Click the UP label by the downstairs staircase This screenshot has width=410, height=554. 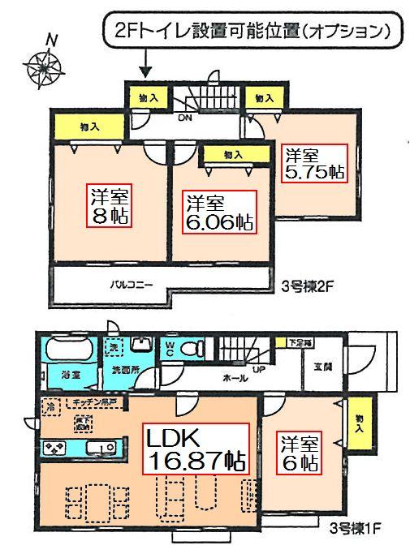pos(259,369)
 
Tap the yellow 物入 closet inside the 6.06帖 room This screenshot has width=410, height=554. pos(231,154)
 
